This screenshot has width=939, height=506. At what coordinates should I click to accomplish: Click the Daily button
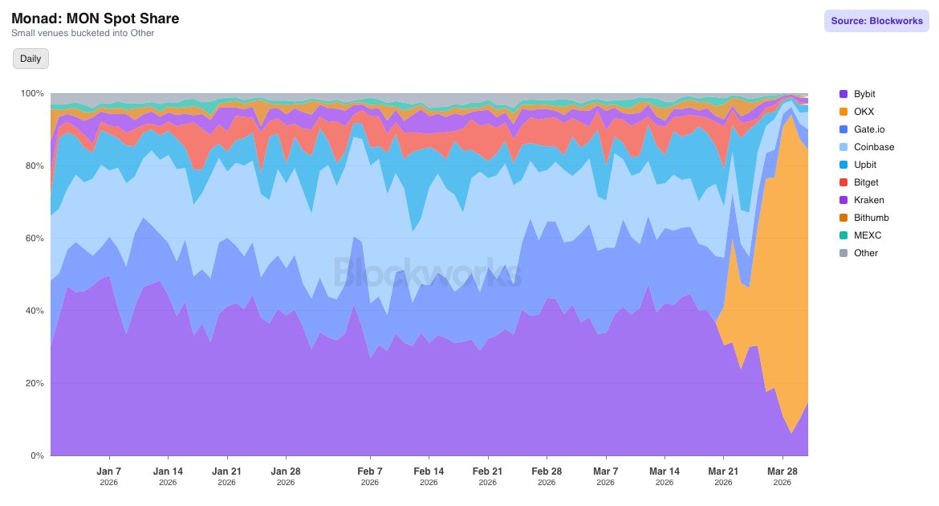click(30, 59)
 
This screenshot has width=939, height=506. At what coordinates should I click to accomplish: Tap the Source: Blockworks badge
click(876, 21)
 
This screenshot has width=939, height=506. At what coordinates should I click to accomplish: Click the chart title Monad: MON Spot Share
click(96, 18)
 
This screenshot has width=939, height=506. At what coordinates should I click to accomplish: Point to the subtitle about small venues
click(83, 33)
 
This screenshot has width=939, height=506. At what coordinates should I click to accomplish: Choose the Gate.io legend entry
click(869, 129)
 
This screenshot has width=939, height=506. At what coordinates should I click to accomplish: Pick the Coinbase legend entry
click(874, 147)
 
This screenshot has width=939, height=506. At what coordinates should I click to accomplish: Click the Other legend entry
click(866, 253)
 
